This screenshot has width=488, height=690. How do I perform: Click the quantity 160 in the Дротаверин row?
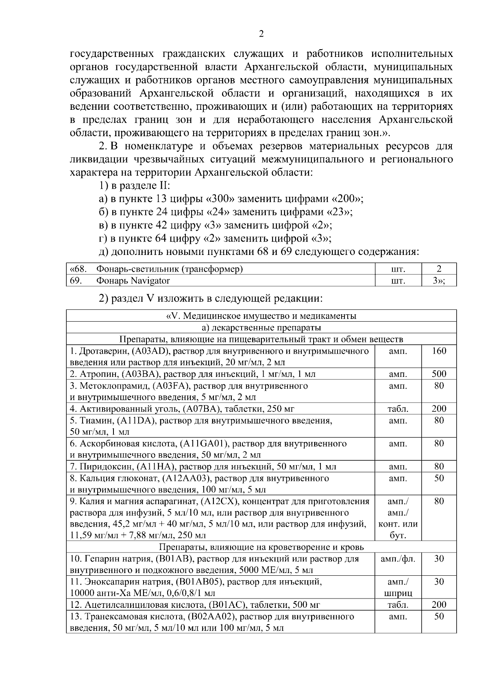tap(439, 351)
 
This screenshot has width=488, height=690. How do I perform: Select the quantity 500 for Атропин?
tap(439, 374)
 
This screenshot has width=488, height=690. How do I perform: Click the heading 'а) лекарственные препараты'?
tap(261, 328)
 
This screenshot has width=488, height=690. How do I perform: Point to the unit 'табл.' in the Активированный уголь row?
tap(398, 409)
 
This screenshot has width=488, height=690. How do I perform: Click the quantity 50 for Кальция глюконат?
tap(439, 478)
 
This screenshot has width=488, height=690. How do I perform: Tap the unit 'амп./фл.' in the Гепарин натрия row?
tap(398, 559)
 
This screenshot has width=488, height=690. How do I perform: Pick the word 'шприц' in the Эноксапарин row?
tap(398, 593)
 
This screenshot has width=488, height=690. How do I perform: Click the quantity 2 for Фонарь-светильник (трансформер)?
tap(439, 269)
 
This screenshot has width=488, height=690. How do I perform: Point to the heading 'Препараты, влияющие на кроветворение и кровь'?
tap(261, 547)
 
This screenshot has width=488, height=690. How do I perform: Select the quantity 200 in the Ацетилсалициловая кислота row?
tap(439, 605)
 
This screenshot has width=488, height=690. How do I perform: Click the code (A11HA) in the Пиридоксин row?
tap(157, 467)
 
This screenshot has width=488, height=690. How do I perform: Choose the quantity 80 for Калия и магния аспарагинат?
tap(439, 501)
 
